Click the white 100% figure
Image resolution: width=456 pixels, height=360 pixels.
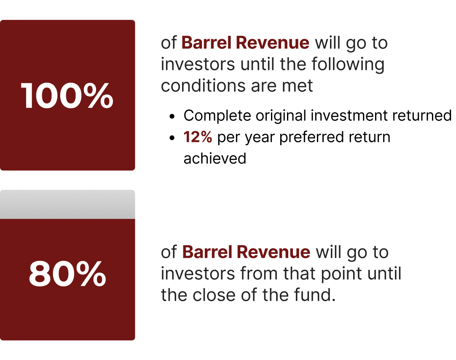pos(67,96)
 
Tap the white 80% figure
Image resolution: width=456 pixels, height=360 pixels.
pos(67,274)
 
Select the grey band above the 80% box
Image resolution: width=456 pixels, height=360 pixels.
pos(67,205)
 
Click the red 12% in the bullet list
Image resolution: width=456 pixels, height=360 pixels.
pos(198,137)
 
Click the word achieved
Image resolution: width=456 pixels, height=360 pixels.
pos(215,159)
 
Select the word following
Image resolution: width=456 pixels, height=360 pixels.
pos(348,64)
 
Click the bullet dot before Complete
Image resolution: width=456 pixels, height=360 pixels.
pos(172,116)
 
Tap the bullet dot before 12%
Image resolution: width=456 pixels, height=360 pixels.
pos(172,138)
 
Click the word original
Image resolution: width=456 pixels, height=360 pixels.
pos(281,116)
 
